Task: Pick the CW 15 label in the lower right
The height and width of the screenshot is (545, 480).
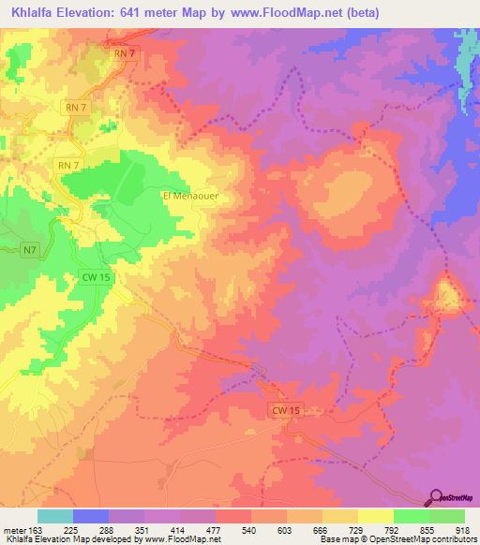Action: pos(289,411)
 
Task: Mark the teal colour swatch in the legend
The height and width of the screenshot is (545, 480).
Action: pos(55,516)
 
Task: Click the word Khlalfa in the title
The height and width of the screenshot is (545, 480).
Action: pos(35,12)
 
